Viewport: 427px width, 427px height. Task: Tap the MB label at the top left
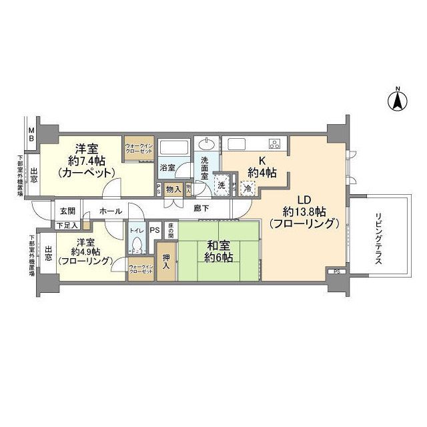point(31,134)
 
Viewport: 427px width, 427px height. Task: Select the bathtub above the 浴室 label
point(174,149)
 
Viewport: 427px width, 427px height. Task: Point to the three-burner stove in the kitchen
point(274,143)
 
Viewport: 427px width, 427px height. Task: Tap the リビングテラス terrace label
point(378,240)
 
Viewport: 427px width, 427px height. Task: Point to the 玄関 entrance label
point(68,211)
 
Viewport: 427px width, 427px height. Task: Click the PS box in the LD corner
point(336,272)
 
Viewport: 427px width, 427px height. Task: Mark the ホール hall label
point(110,211)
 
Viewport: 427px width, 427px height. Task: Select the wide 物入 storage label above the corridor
point(171,189)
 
